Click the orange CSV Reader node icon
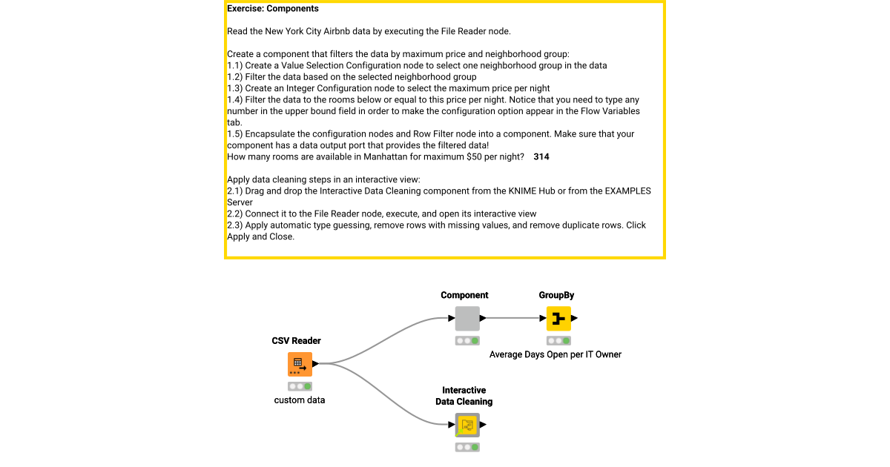pos(300,364)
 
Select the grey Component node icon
pos(467,318)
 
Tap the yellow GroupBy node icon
pos(558,318)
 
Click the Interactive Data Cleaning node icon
pos(467,425)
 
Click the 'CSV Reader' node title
pos(296,341)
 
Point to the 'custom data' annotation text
pos(300,400)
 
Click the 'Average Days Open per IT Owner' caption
pos(555,354)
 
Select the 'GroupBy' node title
pos(556,295)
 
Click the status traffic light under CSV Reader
pos(300,386)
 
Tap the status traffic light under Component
pos(467,341)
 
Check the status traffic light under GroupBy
pos(558,341)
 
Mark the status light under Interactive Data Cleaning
pos(467,448)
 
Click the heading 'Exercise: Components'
pos(272,9)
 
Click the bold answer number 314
pos(541,157)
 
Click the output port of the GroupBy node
pos(575,318)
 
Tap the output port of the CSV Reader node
pos(316,364)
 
